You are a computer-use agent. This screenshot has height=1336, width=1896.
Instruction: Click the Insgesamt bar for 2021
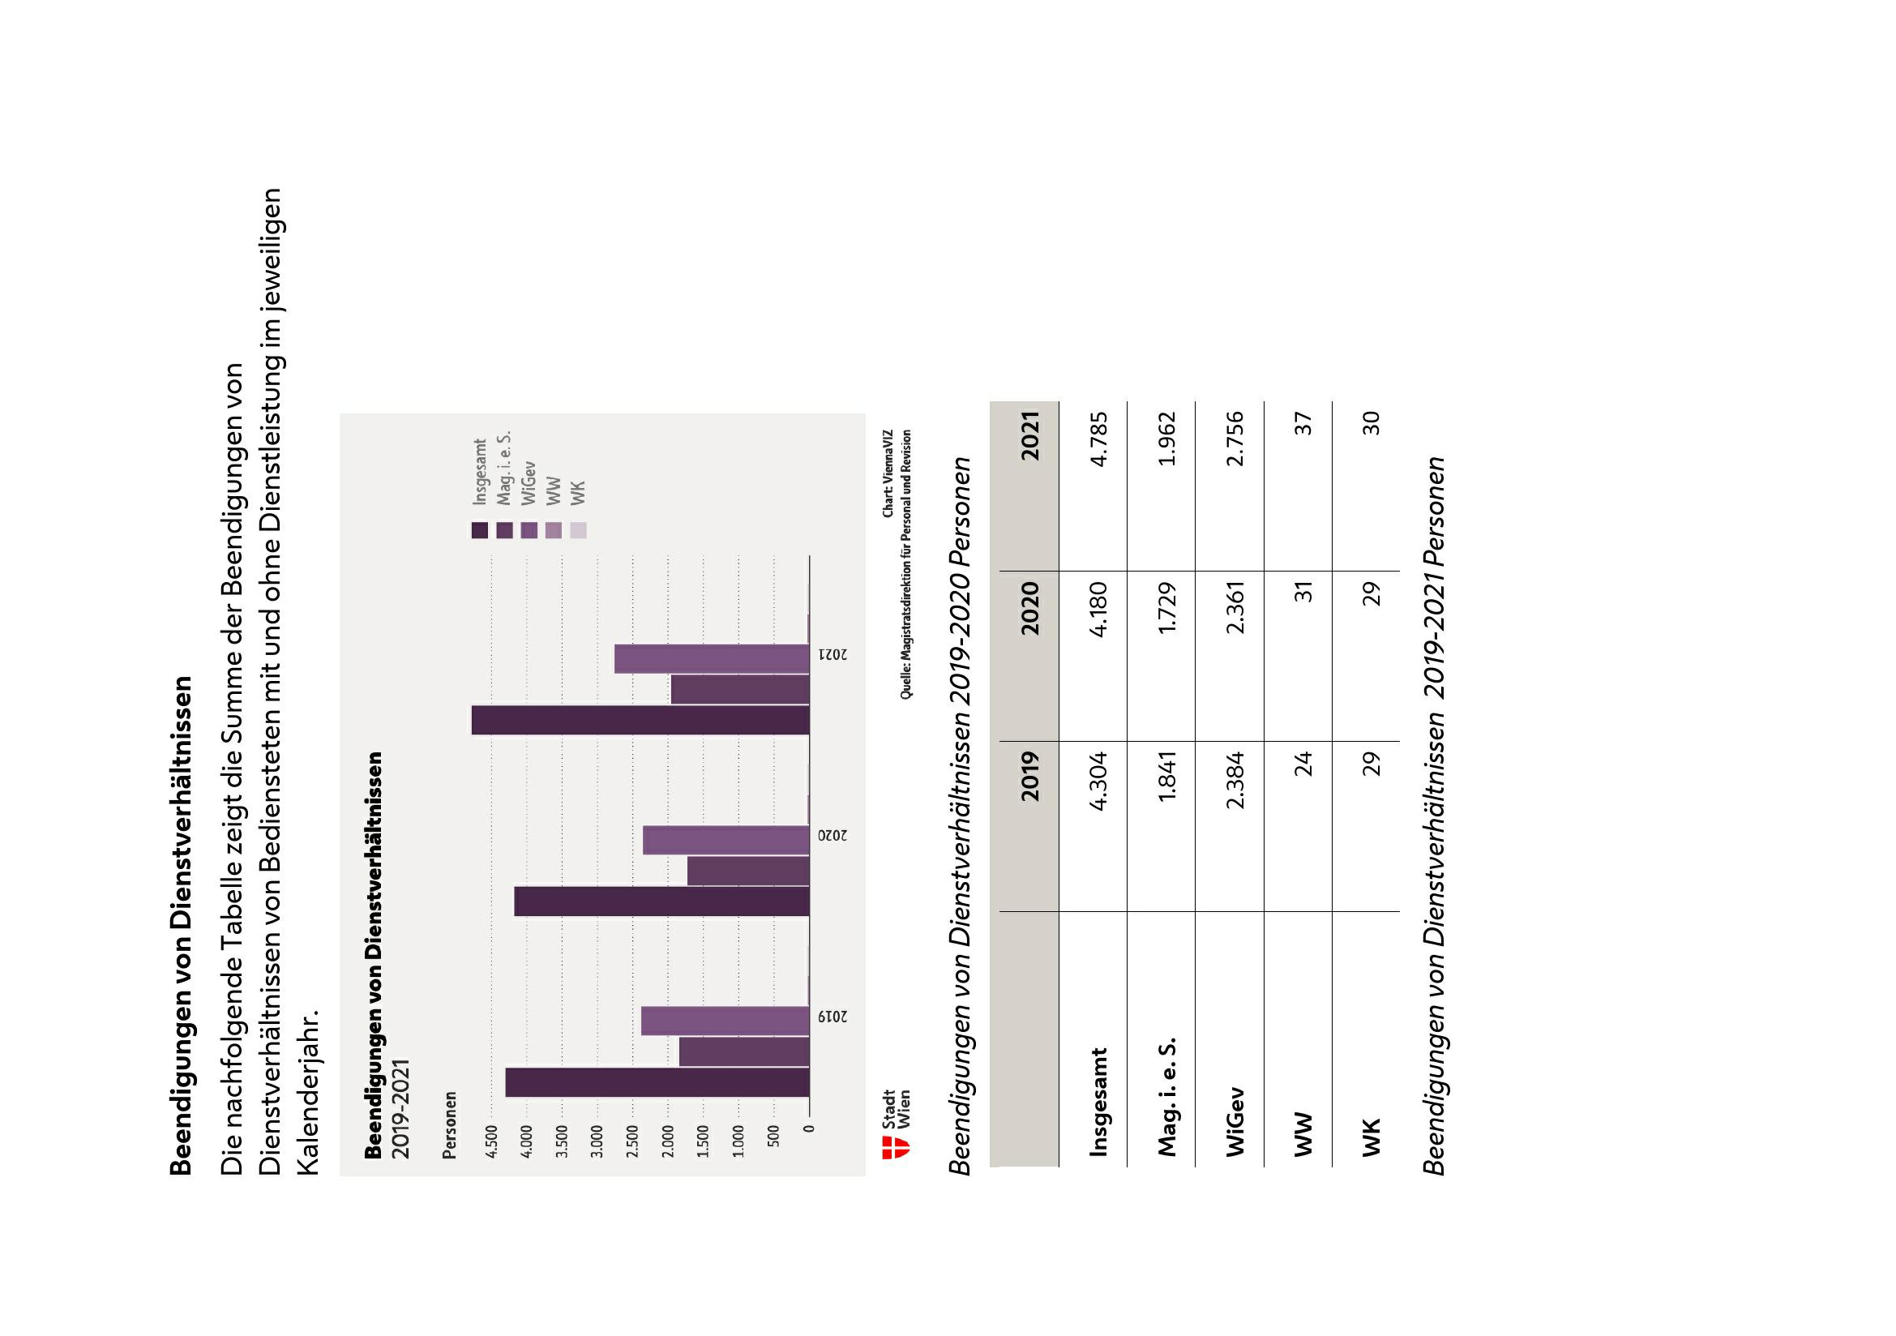click(640, 720)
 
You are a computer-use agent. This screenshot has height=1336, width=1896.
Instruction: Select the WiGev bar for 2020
click(725, 840)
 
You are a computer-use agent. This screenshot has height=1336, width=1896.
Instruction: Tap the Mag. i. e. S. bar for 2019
click(743, 1052)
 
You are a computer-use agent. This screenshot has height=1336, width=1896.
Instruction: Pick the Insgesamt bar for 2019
click(657, 1082)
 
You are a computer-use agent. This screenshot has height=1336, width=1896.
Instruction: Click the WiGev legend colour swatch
click(529, 530)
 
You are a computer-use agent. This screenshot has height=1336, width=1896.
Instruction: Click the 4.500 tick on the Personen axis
click(491, 1142)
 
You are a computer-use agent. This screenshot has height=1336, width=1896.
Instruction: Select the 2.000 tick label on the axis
click(668, 1142)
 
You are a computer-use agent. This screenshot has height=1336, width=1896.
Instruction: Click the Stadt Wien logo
click(896, 1134)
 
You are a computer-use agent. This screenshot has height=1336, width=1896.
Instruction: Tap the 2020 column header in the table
click(1029, 609)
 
